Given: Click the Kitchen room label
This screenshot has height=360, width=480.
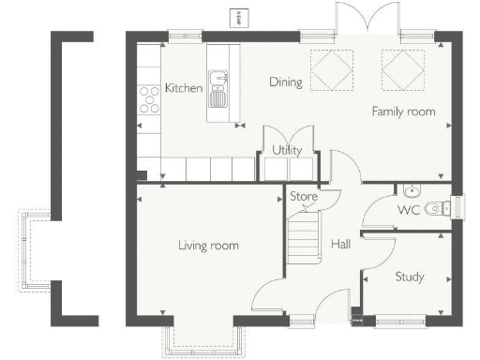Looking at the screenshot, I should tap(184, 87).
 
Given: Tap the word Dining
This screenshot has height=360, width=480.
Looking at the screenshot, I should tap(286, 82).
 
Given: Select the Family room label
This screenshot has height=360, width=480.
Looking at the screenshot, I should tap(403, 112).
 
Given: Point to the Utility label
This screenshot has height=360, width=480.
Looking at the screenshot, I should tap(286, 150).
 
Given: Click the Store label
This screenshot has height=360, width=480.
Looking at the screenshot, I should tap(304, 197).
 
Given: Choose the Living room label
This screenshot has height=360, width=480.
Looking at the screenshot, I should tap(208, 246).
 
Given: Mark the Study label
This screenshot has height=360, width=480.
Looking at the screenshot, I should tap(410, 277).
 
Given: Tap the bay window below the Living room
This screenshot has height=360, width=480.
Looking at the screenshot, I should tap(203, 341).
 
